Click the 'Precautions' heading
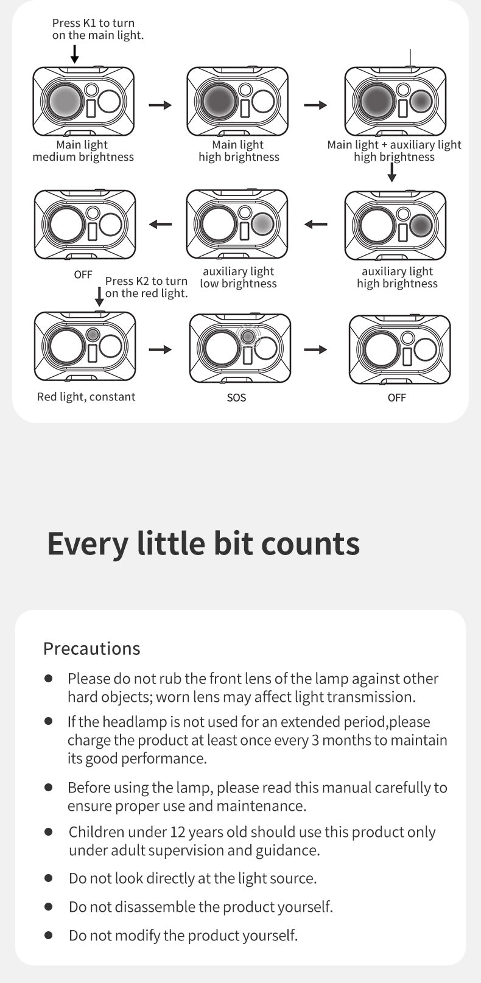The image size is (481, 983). click(91, 648)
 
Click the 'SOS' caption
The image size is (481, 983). click(236, 397)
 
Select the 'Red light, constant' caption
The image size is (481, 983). click(86, 397)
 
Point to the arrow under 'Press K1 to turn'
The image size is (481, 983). click(75, 54)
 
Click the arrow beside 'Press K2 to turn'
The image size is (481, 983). click(99, 296)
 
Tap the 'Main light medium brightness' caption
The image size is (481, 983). click(83, 150)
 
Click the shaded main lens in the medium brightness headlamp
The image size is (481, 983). click(66, 102)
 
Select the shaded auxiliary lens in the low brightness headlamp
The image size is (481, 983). click(263, 223)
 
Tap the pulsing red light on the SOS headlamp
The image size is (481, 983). click(248, 337)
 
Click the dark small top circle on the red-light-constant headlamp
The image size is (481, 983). click(93, 335)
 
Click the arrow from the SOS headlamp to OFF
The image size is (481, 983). click(315, 349)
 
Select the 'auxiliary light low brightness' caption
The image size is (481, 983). click(238, 278)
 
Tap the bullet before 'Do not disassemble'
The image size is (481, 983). click(49, 907)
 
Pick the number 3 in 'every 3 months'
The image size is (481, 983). click(315, 740)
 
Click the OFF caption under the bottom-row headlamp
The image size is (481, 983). click(397, 397)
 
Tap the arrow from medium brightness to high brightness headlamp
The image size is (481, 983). click(160, 105)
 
